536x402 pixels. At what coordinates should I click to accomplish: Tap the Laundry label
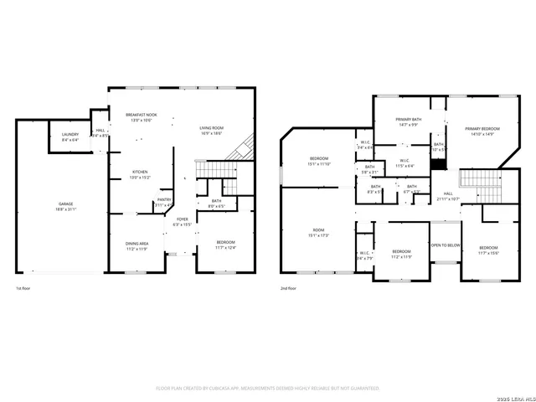click(70, 137)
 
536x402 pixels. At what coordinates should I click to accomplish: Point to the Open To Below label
click(445, 245)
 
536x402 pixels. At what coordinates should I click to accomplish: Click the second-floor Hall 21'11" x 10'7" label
click(448, 197)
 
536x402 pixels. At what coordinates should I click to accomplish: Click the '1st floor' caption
click(23, 289)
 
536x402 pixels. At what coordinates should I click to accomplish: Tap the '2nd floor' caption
click(289, 289)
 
